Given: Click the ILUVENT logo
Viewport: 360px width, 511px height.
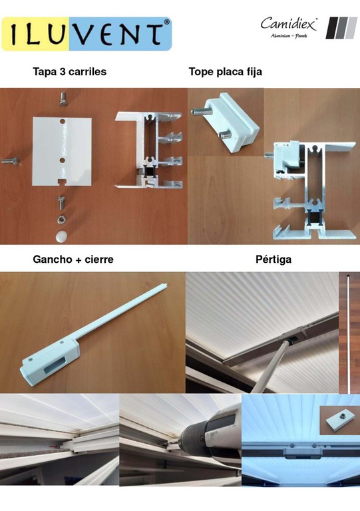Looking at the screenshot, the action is coord(87,34).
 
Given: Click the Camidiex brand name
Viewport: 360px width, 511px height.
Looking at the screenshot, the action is coord(289,24).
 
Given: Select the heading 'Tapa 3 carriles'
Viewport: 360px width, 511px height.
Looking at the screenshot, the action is coord(70,71).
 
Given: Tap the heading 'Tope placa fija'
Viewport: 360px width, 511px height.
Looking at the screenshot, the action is coord(226,71).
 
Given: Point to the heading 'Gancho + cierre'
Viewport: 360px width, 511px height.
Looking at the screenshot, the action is coord(73,259).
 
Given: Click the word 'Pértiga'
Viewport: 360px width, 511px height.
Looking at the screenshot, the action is coord(273,259).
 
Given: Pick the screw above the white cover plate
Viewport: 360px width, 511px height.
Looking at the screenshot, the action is coord(63,99).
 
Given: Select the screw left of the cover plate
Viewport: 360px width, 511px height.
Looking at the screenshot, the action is coord(10,160).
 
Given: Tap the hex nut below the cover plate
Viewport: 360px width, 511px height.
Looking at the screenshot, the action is coord(61,219).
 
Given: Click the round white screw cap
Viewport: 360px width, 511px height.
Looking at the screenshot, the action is coord(61,237).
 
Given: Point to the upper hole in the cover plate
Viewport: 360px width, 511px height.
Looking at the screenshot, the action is coord(63,121).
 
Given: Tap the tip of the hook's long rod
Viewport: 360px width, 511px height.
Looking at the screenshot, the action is coord(166,285).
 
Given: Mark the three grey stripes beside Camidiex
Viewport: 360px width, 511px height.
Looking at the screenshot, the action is coord(341,28).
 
